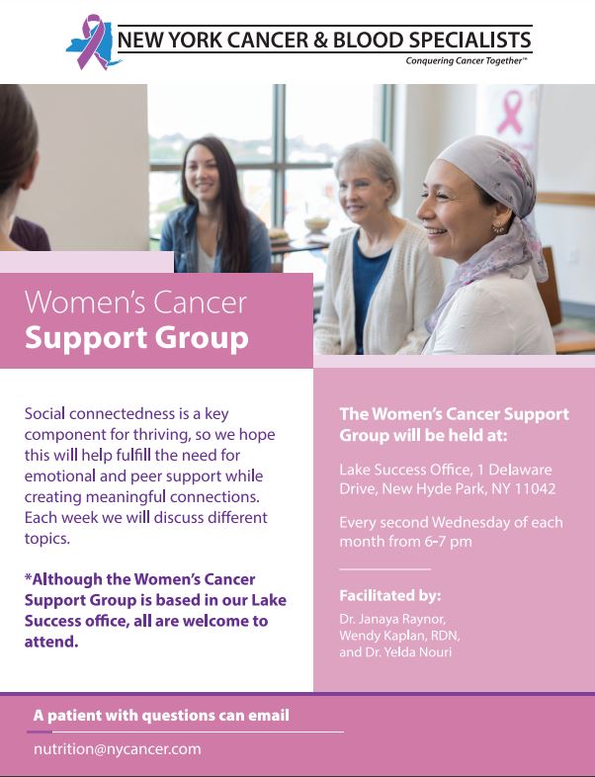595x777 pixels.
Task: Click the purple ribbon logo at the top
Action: coord(91,42)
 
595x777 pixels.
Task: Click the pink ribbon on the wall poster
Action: coord(510,114)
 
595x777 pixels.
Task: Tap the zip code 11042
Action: coord(535,489)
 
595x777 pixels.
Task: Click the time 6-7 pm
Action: coord(449,543)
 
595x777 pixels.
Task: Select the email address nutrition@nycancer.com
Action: coord(117,748)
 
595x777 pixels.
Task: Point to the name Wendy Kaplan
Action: coord(379,636)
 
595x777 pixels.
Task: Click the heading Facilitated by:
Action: coord(389,595)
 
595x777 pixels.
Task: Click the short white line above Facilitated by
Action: coord(384,569)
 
